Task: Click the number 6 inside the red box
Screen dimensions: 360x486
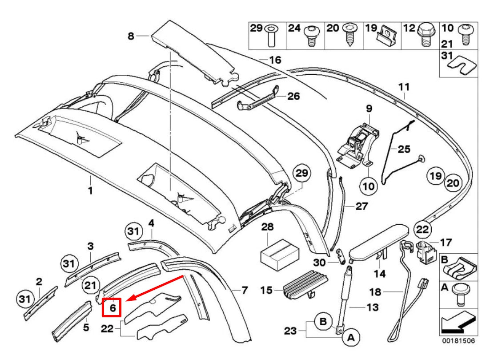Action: point(112,307)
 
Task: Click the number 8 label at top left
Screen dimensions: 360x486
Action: point(131,36)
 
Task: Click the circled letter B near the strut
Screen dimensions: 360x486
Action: point(323,320)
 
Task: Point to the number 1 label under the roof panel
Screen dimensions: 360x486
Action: point(90,191)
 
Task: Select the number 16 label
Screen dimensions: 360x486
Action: point(275,60)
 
